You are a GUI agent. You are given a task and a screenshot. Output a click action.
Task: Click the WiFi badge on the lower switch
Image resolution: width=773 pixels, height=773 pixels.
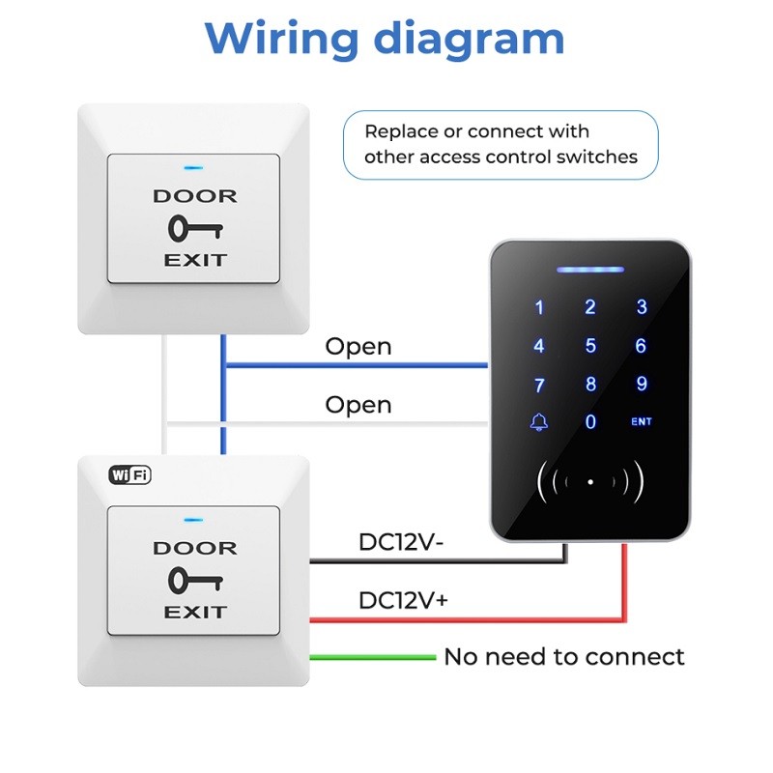coord(129,474)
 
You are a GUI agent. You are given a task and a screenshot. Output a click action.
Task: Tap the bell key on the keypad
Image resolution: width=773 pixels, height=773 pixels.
coord(538,422)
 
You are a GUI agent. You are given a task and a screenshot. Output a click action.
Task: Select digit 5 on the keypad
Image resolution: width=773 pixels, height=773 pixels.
coord(590,346)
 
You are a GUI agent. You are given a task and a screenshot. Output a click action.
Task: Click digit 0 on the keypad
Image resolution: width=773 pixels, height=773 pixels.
coord(590,422)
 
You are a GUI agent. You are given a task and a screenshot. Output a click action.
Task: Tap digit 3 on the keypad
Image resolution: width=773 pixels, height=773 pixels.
coord(642,308)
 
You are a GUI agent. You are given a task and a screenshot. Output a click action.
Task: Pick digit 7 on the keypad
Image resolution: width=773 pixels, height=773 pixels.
coord(539,385)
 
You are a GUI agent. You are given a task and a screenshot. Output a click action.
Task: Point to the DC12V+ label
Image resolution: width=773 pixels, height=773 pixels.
coord(403,600)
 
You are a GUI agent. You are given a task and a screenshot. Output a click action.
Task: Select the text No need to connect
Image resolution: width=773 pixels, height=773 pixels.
coord(563,657)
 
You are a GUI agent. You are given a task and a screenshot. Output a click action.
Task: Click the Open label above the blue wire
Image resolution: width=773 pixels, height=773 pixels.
coord(358,346)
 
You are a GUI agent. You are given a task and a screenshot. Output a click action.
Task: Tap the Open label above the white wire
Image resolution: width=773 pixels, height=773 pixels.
coord(358,405)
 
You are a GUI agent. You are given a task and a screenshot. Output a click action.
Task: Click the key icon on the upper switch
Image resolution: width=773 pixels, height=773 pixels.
coord(194,228)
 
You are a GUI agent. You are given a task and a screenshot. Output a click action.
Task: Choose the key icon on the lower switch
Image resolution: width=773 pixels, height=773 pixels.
coord(194,580)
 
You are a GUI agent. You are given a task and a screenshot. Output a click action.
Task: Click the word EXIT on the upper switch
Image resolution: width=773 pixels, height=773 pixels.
coord(194,260)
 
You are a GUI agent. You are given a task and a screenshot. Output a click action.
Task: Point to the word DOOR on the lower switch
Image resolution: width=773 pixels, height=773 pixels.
coord(194,548)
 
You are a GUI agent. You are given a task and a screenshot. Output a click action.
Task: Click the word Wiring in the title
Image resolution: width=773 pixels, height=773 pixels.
coord(281,39)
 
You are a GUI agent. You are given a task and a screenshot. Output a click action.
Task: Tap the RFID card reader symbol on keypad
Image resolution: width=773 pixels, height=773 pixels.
coord(590,480)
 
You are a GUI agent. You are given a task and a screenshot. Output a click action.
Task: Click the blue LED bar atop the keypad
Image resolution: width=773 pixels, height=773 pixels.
coord(590,271)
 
